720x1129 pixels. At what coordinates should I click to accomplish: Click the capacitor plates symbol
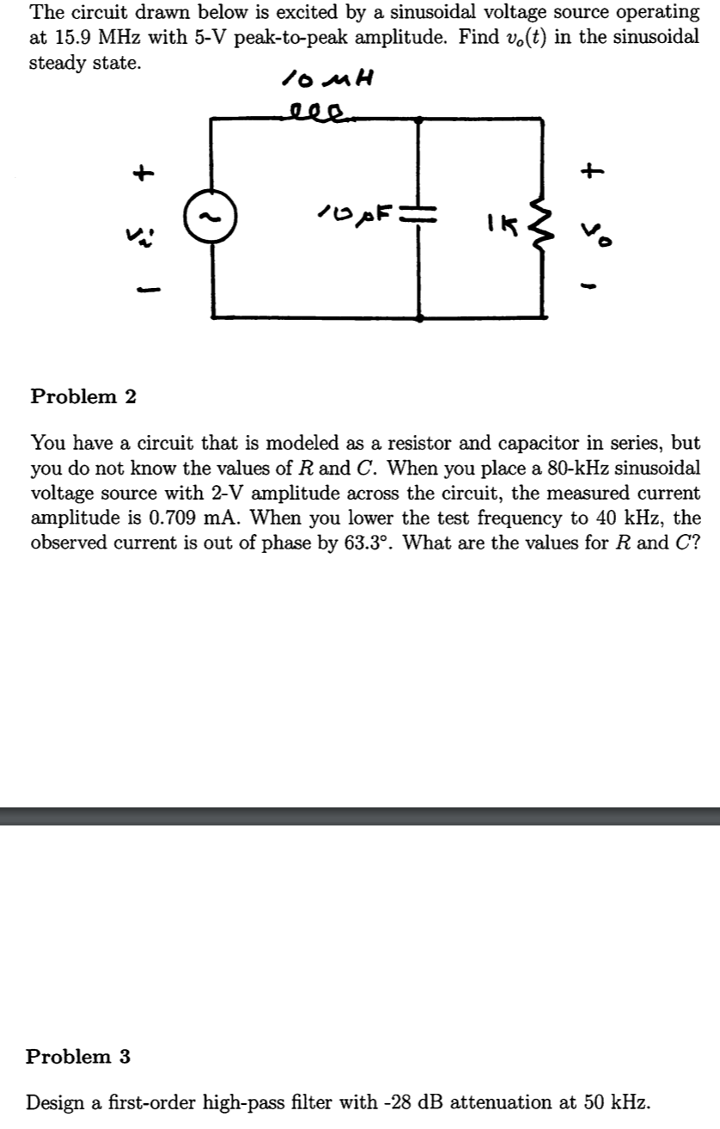point(418,212)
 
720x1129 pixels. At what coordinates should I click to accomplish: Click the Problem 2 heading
point(83,396)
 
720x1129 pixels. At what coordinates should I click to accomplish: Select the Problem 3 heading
point(78,1056)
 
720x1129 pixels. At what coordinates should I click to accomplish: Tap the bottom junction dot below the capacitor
point(418,317)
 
